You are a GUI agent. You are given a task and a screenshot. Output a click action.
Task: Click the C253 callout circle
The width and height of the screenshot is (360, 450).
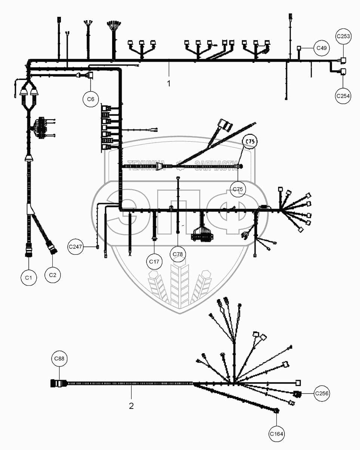pyautogui.click(x=343, y=37)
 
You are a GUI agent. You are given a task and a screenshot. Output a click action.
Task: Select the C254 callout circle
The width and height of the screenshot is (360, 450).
pyautogui.click(x=343, y=96)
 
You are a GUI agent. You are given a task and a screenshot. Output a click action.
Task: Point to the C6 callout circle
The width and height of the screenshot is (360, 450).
pyautogui.click(x=90, y=99)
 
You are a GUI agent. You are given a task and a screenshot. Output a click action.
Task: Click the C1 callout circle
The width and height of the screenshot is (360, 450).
pyautogui.click(x=29, y=277)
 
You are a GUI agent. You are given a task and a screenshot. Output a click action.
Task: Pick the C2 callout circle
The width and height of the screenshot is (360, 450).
pyautogui.click(x=52, y=275)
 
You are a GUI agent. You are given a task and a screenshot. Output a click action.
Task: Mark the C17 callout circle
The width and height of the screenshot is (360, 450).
pyautogui.click(x=154, y=262)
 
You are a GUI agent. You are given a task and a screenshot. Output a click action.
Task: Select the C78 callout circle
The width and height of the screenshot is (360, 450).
pyautogui.click(x=178, y=255)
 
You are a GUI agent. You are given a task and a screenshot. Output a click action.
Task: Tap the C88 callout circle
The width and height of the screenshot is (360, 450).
pyautogui.click(x=59, y=359)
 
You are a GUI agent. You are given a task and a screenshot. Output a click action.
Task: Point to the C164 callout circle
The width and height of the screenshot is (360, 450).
pyautogui.click(x=277, y=434)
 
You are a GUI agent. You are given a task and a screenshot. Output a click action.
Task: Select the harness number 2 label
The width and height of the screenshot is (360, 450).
pyautogui.click(x=131, y=406)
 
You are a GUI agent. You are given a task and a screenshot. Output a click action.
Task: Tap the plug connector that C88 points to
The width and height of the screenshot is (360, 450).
pyautogui.click(x=56, y=383)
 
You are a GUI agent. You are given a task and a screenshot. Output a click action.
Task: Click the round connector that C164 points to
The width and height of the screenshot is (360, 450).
pyautogui.click(x=277, y=411)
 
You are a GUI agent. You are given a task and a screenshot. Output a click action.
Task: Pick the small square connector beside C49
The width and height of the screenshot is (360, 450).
pyautogui.click(x=299, y=48)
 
